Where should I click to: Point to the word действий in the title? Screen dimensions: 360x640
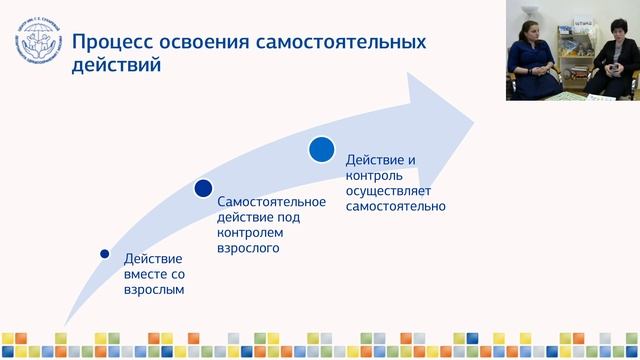[116, 68]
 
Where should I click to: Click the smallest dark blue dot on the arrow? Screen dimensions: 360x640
[104, 254]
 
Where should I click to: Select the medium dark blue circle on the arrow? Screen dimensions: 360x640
[203, 188]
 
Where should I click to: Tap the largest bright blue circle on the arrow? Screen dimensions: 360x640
[321, 149]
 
